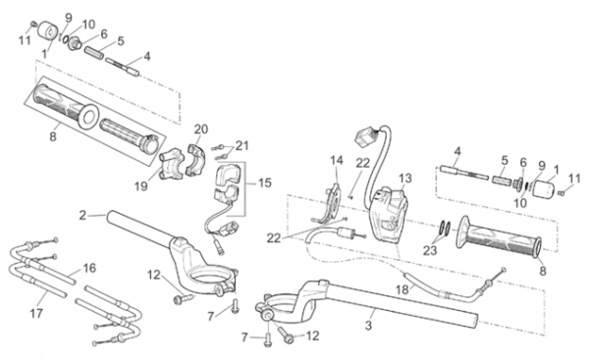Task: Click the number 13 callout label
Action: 405,178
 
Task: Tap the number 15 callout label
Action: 264,183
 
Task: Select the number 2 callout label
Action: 82,216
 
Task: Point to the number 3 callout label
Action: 368,325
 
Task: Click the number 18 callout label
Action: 402,289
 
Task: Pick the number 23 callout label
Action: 430,250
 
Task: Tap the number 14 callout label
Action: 337,161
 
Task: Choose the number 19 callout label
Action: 141,186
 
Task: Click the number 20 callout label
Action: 201,129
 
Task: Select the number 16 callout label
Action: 89,268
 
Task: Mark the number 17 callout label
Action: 36,313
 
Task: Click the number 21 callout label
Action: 241,145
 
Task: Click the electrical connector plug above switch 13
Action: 363,137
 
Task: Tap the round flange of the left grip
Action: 88,118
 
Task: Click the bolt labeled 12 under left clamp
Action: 184,299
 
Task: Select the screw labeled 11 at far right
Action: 562,193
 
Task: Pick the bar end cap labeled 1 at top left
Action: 48,29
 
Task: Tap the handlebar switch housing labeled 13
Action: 389,215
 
